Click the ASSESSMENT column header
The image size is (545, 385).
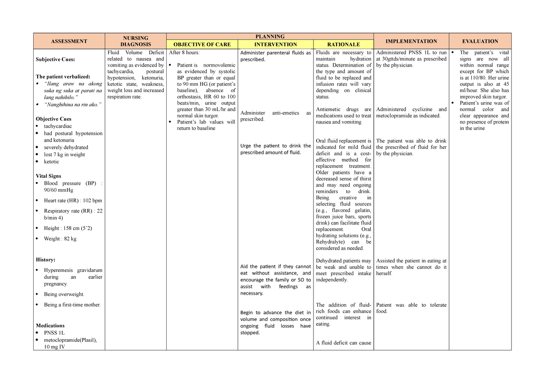[69, 41]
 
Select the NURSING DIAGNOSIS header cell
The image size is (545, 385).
[135, 41]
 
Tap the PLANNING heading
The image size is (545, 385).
[270, 36]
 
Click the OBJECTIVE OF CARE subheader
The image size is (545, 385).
[202, 44]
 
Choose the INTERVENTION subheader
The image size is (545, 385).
[275, 44]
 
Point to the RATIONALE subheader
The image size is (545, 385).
[343, 44]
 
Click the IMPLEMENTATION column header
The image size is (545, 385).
[411, 41]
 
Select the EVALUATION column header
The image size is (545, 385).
[480, 41]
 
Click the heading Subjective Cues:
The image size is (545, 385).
[55, 59]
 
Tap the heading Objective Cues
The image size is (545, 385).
[54, 119]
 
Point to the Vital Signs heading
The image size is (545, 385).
[48, 176]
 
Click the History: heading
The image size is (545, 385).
[45, 260]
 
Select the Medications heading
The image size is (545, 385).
[50, 326]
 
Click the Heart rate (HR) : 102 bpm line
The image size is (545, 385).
[73, 200]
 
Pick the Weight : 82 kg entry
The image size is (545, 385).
[60, 239]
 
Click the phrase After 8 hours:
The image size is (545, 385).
[184, 53]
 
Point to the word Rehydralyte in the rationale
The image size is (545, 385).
[331, 242]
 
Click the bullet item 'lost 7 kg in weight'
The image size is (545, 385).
[64, 154]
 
